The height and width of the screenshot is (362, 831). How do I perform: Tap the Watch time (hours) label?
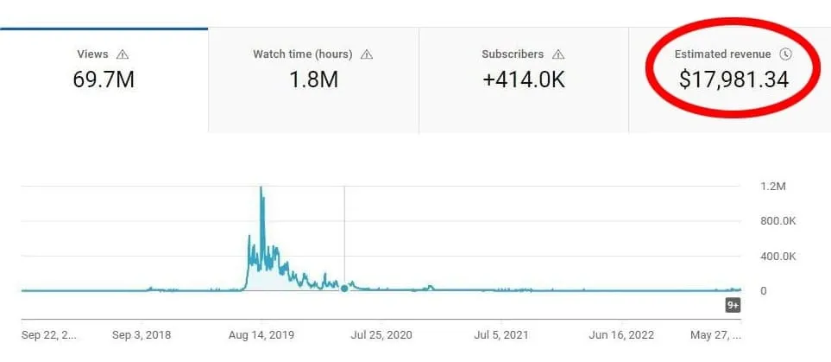(302, 54)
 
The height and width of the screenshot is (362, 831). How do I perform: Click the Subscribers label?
(513, 54)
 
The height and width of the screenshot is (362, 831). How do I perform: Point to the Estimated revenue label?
(723, 54)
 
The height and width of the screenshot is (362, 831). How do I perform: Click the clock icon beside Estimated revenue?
(785, 54)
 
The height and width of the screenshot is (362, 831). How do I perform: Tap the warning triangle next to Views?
(123, 54)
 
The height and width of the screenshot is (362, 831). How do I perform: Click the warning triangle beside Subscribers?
(558, 54)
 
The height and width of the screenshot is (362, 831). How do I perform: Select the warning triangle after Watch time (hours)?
(367, 54)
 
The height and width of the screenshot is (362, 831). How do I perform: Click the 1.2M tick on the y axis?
(772, 187)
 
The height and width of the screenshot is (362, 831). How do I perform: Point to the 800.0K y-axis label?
(777, 221)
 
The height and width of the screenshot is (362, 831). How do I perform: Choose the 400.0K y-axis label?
(777, 256)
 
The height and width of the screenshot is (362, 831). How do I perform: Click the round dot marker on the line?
(344, 289)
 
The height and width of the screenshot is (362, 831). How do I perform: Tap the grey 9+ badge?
(733, 305)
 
